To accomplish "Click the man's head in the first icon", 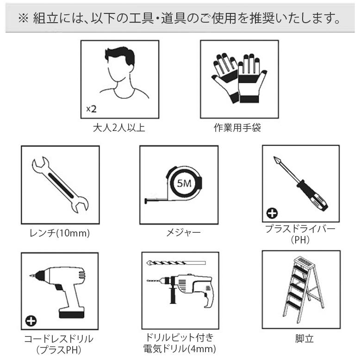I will pyautogui.click(x=120, y=65).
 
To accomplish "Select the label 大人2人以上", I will pyautogui.click(x=119, y=128).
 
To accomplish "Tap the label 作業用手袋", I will pyautogui.click(x=239, y=128).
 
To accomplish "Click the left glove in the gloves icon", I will pyautogui.click(x=225, y=76).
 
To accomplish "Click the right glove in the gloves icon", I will pyautogui.click(x=252, y=79).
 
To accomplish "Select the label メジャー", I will pyautogui.click(x=180, y=233).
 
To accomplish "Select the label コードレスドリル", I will pyautogui.click(x=59, y=339).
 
